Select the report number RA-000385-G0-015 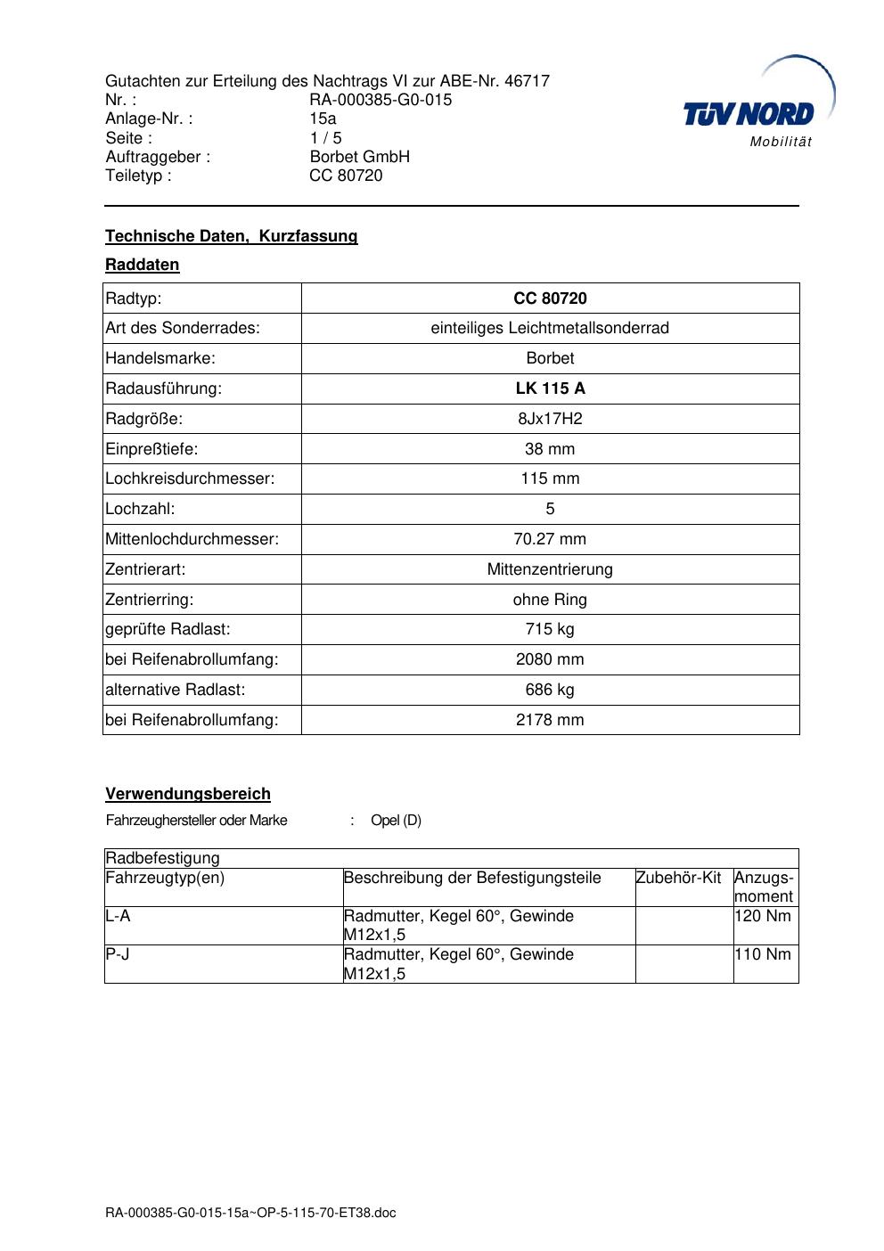click(x=381, y=100)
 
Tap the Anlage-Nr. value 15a click(x=323, y=119)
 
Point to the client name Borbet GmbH click(x=359, y=157)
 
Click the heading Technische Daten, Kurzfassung click(x=231, y=236)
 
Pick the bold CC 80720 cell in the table click(x=550, y=298)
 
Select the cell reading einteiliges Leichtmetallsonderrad click(x=550, y=328)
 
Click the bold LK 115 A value click(x=550, y=388)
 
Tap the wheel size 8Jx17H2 click(x=550, y=419)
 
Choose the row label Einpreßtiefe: click(x=151, y=449)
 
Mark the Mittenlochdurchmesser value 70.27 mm click(x=550, y=539)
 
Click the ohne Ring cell click(x=550, y=600)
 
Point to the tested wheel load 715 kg click(x=550, y=629)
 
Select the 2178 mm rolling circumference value click(x=550, y=720)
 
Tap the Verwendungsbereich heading click(x=188, y=794)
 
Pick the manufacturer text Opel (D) click(x=396, y=821)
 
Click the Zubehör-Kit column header click(x=679, y=878)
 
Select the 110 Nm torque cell click(x=763, y=954)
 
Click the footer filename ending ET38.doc click(x=250, y=1213)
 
